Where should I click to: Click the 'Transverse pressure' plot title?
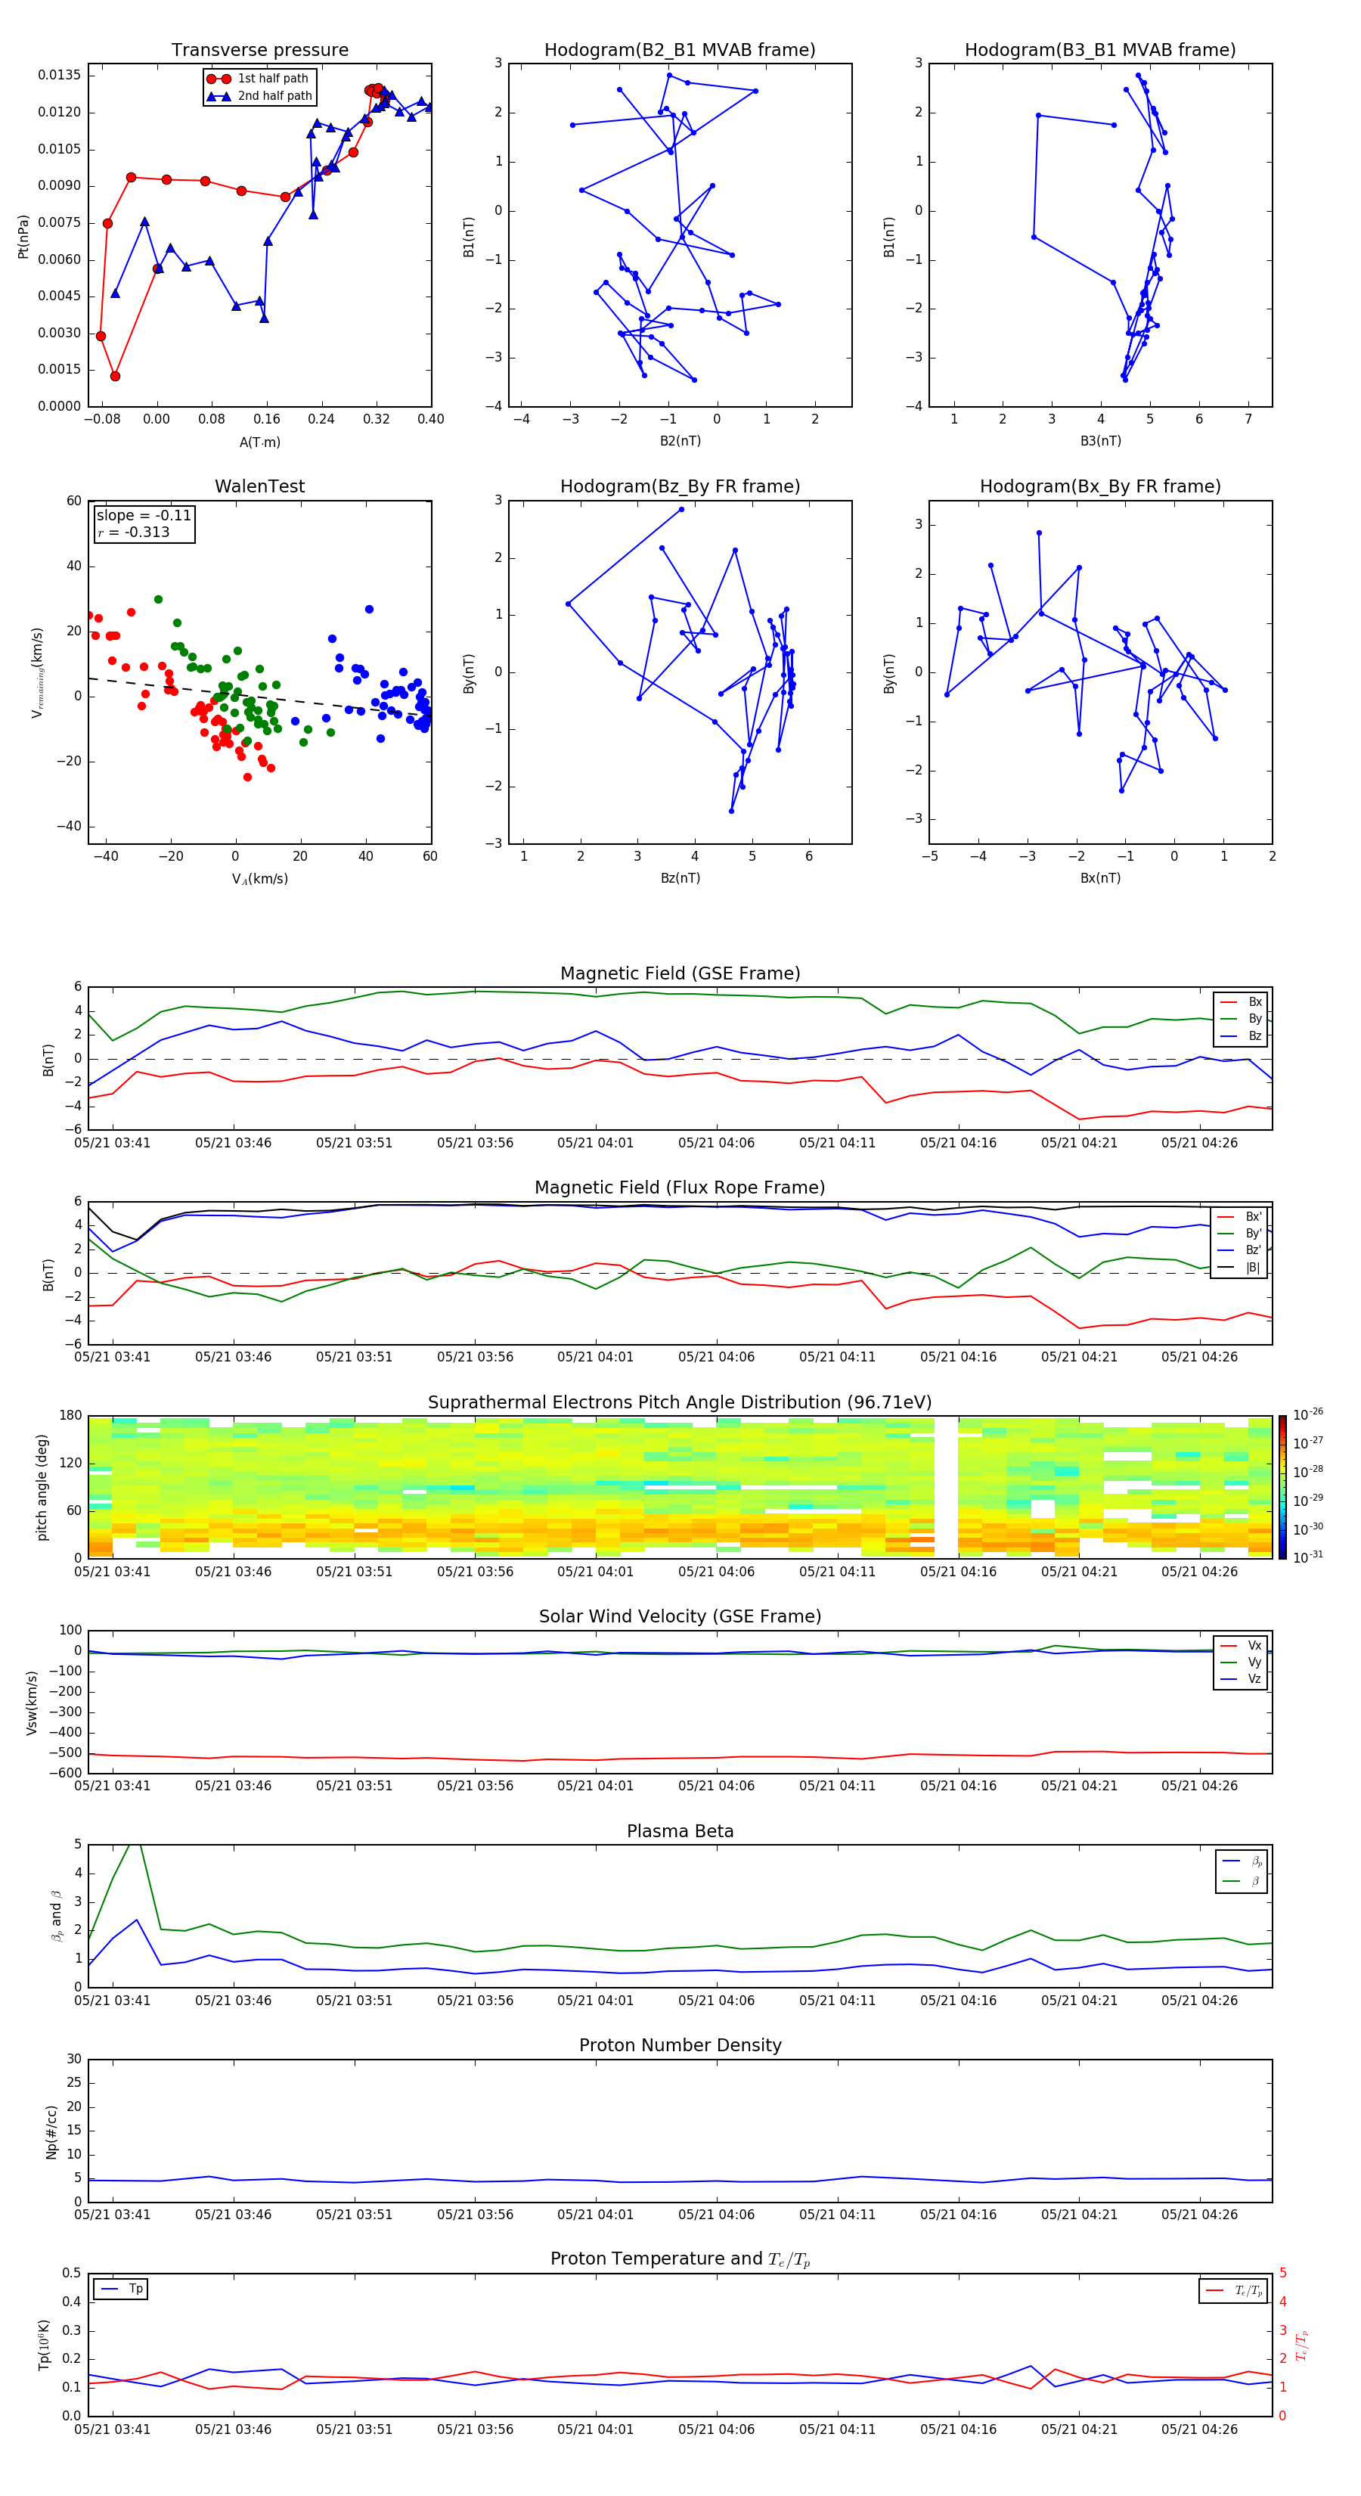click(259, 51)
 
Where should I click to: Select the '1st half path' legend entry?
click(272, 79)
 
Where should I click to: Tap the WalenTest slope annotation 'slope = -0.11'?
click(144, 516)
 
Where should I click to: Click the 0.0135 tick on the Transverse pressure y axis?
click(59, 76)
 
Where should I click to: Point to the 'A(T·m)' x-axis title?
click(259, 442)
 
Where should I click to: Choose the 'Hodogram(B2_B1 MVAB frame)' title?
click(679, 51)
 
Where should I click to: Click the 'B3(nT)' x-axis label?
click(1099, 441)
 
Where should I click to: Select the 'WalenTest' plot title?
click(259, 486)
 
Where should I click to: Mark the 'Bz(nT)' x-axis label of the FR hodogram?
click(680, 878)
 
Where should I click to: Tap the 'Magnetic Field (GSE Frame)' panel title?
click(680, 973)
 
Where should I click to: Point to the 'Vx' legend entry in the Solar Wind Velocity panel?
click(1254, 1645)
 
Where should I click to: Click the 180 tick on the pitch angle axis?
click(71, 1416)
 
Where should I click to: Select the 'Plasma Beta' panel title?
click(680, 1831)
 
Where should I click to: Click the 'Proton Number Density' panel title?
click(680, 2045)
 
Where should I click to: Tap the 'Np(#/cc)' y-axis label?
click(51, 2131)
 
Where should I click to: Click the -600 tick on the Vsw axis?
click(65, 1773)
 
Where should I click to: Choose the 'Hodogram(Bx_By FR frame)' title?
click(1099, 486)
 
